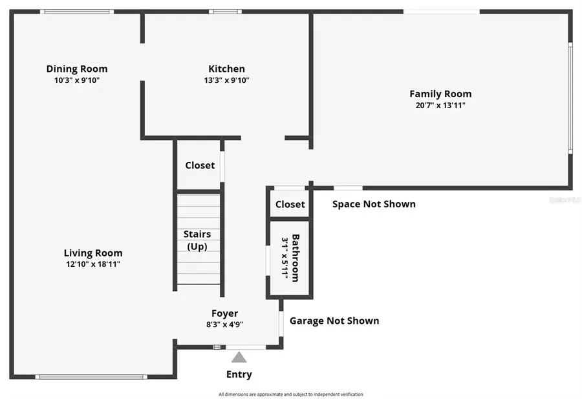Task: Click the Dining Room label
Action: tap(77, 69)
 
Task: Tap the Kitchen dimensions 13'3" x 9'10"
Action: tap(226, 80)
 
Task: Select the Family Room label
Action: tap(440, 94)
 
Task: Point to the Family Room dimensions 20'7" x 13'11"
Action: tap(440, 105)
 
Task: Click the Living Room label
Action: tap(93, 253)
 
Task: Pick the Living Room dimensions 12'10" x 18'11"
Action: tap(93, 264)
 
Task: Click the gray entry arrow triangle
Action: tap(239, 357)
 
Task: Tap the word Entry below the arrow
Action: tap(239, 374)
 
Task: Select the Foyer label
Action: tap(224, 313)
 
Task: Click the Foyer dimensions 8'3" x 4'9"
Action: tap(224, 325)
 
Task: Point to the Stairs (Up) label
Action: tap(197, 240)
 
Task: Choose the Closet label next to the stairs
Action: tap(200, 165)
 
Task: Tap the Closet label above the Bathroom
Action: tap(290, 204)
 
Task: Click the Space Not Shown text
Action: tap(374, 204)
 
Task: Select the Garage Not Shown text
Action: tap(334, 321)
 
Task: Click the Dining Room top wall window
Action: tap(76, 12)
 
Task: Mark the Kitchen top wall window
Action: tap(225, 12)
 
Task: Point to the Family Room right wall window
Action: tap(570, 98)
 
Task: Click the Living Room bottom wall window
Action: tap(91, 376)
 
